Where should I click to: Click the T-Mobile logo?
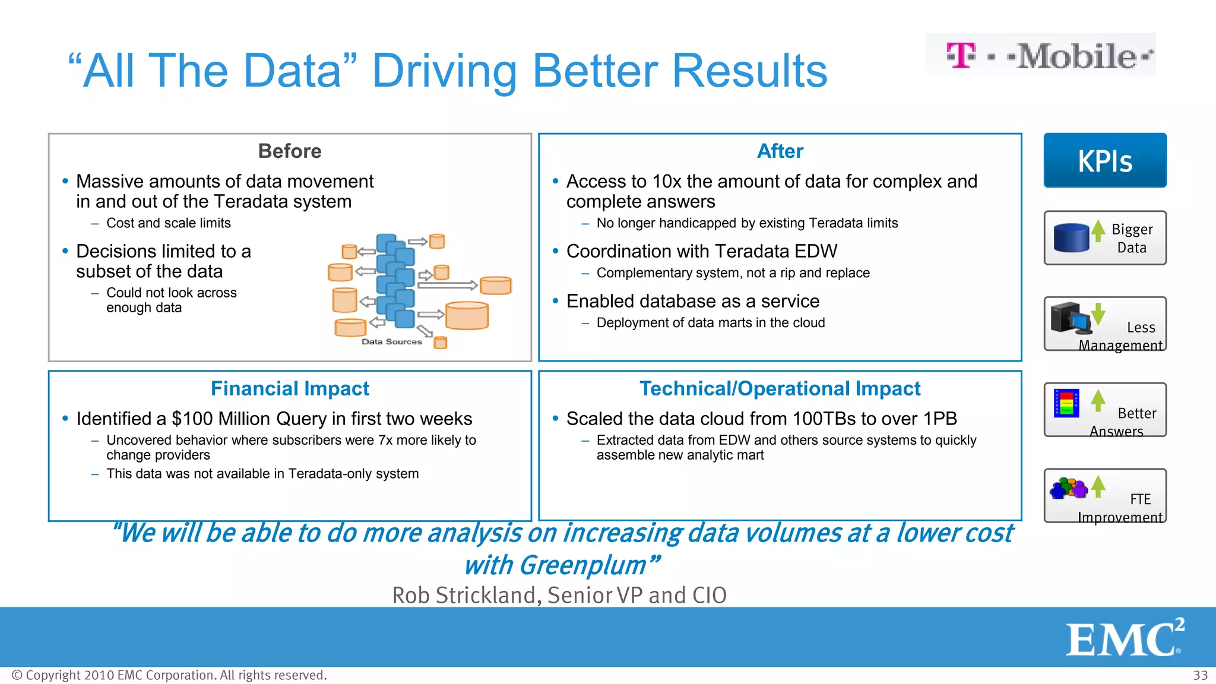[x=1040, y=55]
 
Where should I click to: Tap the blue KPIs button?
[x=1105, y=160]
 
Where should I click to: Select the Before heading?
[x=290, y=151]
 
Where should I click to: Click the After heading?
[x=780, y=151]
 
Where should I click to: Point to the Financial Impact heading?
[x=290, y=388]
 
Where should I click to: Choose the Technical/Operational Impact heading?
[x=780, y=388]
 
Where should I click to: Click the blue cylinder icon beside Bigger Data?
[x=1071, y=237]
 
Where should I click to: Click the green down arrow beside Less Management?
[x=1098, y=313]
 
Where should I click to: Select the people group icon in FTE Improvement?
[x=1068, y=488]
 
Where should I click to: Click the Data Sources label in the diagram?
[x=392, y=341]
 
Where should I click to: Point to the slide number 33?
[x=1200, y=675]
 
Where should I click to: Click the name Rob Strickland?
[x=465, y=595]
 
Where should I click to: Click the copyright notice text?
[x=169, y=675]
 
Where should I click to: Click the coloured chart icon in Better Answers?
[x=1066, y=403]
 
